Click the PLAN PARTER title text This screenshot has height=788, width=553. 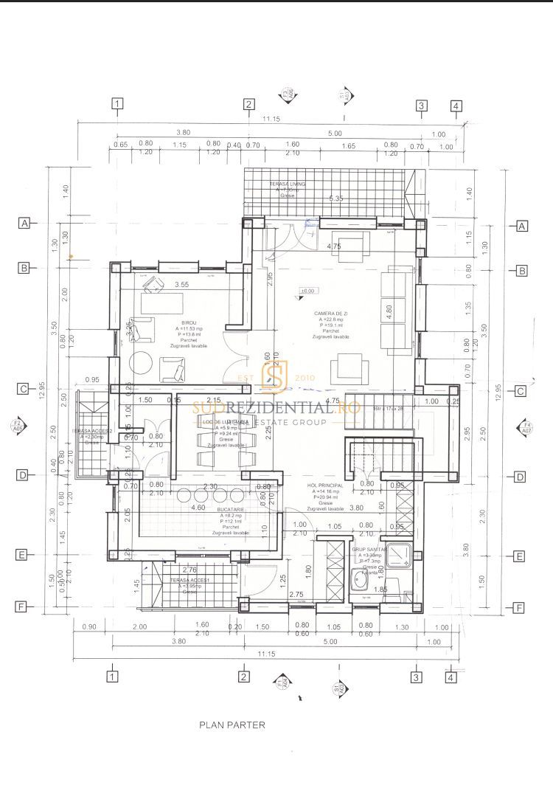click(232, 725)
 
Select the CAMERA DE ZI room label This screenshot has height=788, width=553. click(330, 314)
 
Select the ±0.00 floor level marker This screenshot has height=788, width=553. click(307, 291)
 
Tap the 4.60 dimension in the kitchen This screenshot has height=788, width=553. click(198, 508)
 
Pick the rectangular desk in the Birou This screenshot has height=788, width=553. click(163, 303)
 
